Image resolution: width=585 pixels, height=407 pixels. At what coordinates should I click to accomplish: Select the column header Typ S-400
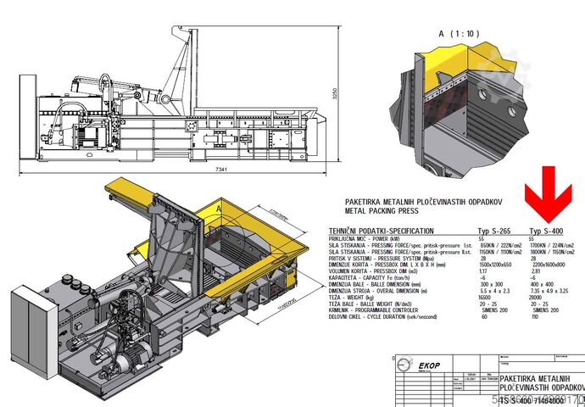coord(544,231)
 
